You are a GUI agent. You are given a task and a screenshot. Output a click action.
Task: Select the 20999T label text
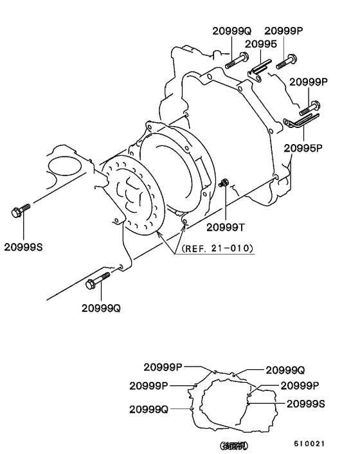226,226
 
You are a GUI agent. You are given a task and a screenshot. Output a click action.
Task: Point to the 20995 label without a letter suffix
261,44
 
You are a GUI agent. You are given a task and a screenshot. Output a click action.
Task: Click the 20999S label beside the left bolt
24,246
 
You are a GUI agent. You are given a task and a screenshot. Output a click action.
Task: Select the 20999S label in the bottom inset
306,404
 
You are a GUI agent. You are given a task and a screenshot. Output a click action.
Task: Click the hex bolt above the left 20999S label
20,210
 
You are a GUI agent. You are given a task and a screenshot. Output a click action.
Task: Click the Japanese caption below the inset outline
234,445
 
